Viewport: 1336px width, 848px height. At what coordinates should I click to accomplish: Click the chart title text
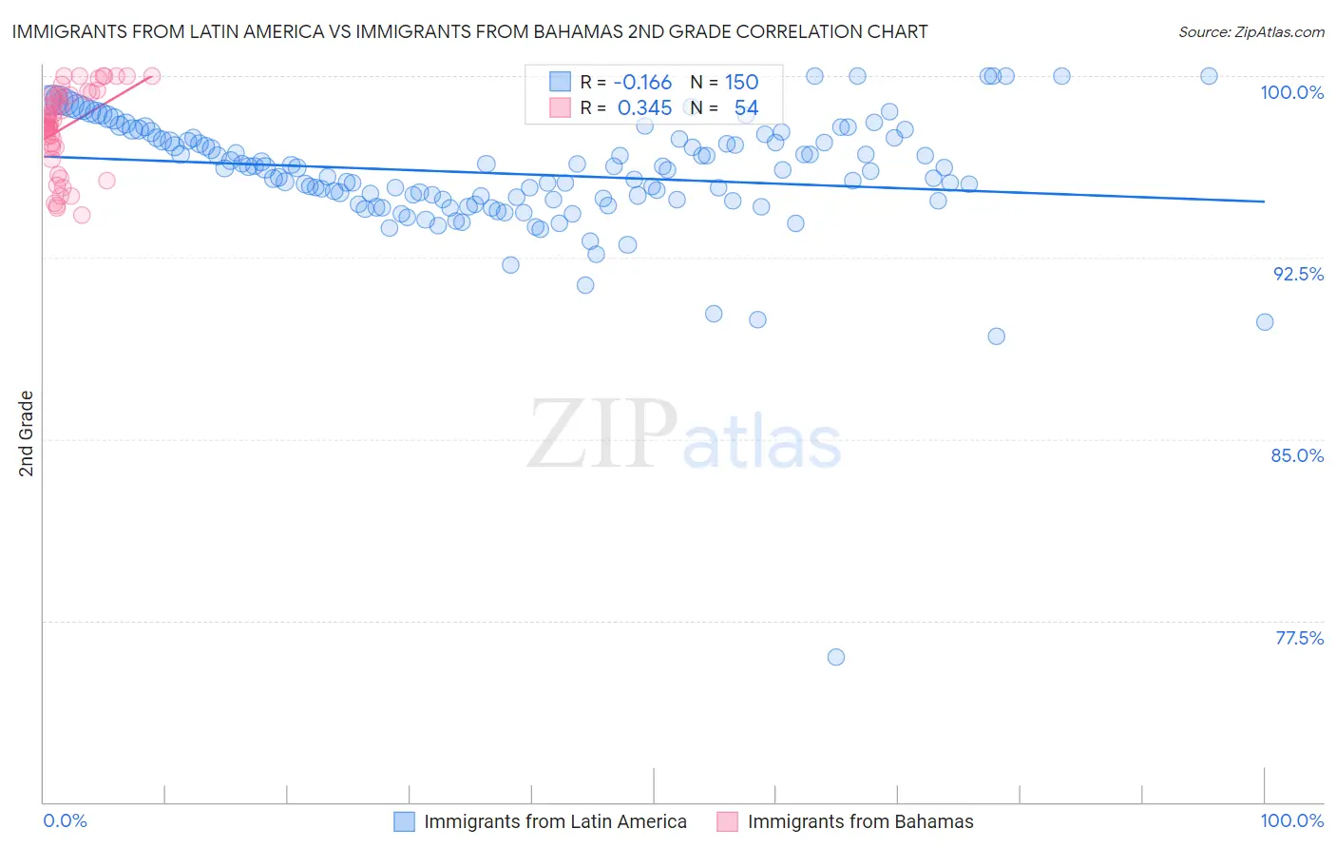click(x=469, y=31)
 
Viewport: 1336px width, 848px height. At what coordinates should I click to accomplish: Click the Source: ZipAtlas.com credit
click(x=1250, y=31)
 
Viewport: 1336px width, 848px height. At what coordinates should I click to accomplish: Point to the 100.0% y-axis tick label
click(x=1291, y=92)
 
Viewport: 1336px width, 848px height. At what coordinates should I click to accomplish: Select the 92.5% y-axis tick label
click(x=1298, y=274)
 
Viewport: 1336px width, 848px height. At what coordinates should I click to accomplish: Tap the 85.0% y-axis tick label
click(x=1297, y=455)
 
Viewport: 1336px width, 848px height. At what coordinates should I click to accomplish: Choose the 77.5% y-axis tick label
click(x=1299, y=638)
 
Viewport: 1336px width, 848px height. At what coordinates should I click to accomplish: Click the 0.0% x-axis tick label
click(x=66, y=820)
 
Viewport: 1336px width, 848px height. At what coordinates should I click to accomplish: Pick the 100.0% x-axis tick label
click(x=1291, y=820)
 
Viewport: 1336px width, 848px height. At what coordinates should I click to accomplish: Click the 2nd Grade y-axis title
click(x=27, y=434)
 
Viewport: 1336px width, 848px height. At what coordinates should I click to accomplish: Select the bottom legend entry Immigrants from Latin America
click(x=555, y=821)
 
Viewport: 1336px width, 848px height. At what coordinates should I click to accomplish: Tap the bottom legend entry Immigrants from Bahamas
click(x=860, y=821)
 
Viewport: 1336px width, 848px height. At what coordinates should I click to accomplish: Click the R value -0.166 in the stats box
click(x=642, y=83)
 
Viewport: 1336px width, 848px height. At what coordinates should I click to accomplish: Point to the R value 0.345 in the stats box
click(x=644, y=108)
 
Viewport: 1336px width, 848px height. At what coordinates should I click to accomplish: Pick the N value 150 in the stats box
click(x=741, y=83)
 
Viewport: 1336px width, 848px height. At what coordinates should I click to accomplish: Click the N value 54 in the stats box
click(x=746, y=108)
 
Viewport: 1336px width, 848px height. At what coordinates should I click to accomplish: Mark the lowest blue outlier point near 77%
click(x=836, y=657)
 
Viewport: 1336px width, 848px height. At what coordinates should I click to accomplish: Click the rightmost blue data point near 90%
click(x=1265, y=322)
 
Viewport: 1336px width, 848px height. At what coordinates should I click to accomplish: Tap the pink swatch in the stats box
click(x=560, y=107)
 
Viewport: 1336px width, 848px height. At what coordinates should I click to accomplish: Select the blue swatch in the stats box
click(x=560, y=82)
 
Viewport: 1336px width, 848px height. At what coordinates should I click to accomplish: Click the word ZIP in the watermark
click(x=602, y=434)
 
